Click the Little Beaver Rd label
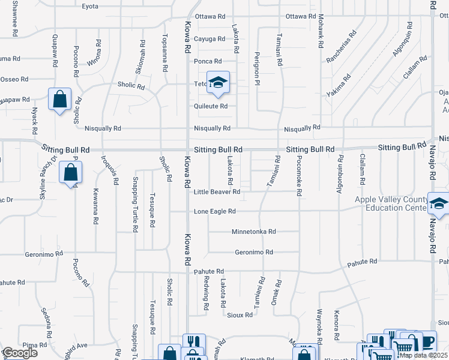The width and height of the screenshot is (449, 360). click(217, 192)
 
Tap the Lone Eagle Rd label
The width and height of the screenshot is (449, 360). click(215, 211)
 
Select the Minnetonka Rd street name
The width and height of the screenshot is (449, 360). click(253, 231)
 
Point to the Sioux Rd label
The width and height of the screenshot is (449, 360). click(240, 314)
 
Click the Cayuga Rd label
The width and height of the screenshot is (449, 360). click(209, 39)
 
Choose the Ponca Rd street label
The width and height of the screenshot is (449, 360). click(208, 61)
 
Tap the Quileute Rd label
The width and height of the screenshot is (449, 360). click(210, 106)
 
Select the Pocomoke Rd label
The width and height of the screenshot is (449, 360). click(298, 176)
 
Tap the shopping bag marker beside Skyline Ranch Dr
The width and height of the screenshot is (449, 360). click(71, 173)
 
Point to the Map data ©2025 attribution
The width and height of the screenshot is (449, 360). click(423, 355)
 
